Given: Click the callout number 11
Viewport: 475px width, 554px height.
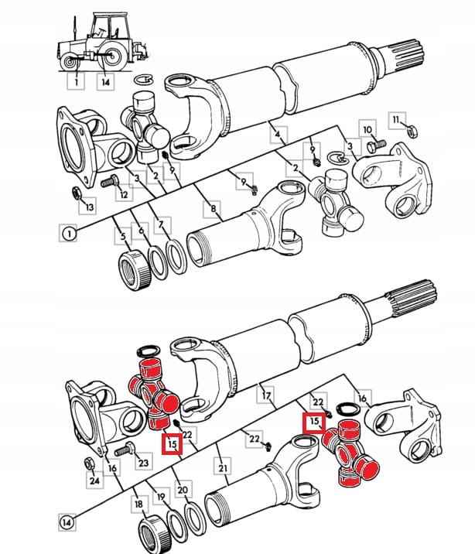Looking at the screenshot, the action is click(395, 120).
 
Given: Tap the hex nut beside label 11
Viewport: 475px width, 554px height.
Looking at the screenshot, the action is click(412, 132).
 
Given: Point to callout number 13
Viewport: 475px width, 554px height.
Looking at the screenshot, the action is click(90, 207).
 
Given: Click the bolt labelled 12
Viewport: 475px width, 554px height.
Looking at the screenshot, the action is click(110, 181).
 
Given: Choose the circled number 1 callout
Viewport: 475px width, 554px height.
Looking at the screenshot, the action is click(69, 233).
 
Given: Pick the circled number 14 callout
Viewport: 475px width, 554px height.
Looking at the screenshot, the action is click(67, 522).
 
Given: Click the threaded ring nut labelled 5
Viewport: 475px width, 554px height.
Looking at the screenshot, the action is click(135, 270).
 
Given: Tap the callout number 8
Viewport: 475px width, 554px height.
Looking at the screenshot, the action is click(213, 209).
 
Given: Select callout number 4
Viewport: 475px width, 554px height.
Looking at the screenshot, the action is click(278, 135).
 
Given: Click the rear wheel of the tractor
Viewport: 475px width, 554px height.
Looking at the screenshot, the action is click(113, 56).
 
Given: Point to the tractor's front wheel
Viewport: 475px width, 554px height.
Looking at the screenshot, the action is click(69, 61).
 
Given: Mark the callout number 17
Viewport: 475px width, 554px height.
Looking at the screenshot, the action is click(266, 395).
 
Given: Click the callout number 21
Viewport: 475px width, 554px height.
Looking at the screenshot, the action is click(223, 468).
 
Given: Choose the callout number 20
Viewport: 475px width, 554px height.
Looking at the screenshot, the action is click(183, 490).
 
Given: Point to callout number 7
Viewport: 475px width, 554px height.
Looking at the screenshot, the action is click(161, 224).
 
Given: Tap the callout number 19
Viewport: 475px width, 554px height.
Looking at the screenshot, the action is click(161, 497).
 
